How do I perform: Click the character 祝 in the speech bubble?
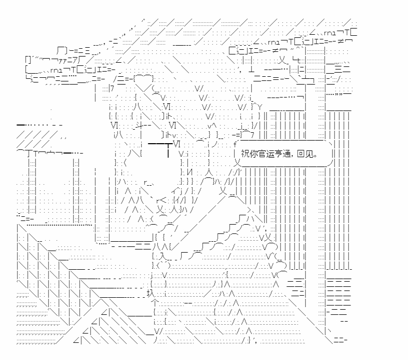(x=245, y=154)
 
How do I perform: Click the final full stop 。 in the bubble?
(x=316, y=156)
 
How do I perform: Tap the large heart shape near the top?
(x=144, y=79)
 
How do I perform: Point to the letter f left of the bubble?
(x=235, y=144)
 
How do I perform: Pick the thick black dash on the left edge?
(x=23, y=125)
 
